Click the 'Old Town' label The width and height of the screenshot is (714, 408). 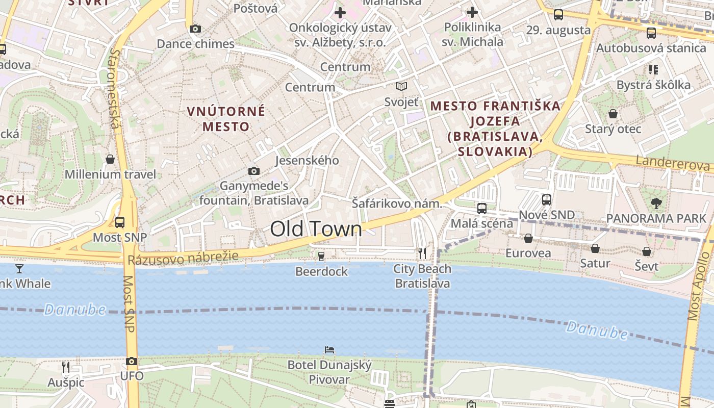pyautogui.click(x=316, y=229)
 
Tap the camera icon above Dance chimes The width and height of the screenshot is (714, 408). pyautogui.click(x=195, y=29)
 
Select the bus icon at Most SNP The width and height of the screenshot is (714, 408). pyautogui.click(x=120, y=222)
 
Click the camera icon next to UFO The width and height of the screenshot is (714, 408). pyautogui.click(x=132, y=362)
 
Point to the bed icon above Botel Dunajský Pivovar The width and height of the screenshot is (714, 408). pyautogui.click(x=329, y=350)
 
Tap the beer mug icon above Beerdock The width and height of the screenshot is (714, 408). pyautogui.click(x=321, y=256)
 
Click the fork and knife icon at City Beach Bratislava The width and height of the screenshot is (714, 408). pyautogui.click(x=422, y=253)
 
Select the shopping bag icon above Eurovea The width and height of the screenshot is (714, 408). pyautogui.click(x=528, y=238)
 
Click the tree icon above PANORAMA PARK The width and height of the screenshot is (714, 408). pyautogui.click(x=656, y=203)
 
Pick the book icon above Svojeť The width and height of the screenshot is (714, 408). pyautogui.click(x=401, y=87)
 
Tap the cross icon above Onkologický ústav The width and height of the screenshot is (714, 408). pyautogui.click(x=340, y=12)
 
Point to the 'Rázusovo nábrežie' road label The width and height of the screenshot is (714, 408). pyautogui.click(x=183, y=258)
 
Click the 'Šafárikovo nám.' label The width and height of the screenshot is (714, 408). pyautogui.click(x=397, y=203)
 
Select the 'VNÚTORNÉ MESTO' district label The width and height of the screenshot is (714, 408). pyautogui.click(x=226, y=119)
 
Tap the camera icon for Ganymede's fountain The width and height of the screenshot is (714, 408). pyautogui.click(x=254, y=171)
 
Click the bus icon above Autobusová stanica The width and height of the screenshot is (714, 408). pyautogui.click(x=651, y=33)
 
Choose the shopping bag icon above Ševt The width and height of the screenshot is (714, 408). pyautogui.click(x=647, y=251)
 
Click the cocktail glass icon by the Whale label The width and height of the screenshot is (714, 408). pyautogui.click(x=19, y=268)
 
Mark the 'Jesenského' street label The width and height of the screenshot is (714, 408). pyautogui.click(x=307, y=161)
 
